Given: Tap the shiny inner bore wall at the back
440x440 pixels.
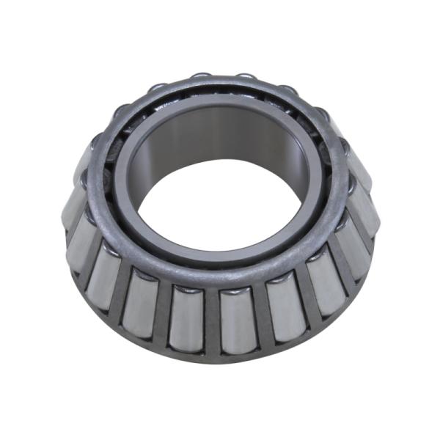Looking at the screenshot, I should pos(220,139).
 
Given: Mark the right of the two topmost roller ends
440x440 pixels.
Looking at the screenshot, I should pos(246,79).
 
